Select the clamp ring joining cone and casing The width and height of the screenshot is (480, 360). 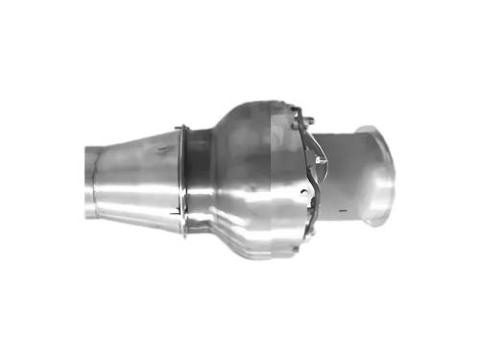(x=181, y=180)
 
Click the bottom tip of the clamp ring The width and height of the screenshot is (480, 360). (x=182, y=235)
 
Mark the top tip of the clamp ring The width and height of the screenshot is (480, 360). (x=181, y=126)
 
